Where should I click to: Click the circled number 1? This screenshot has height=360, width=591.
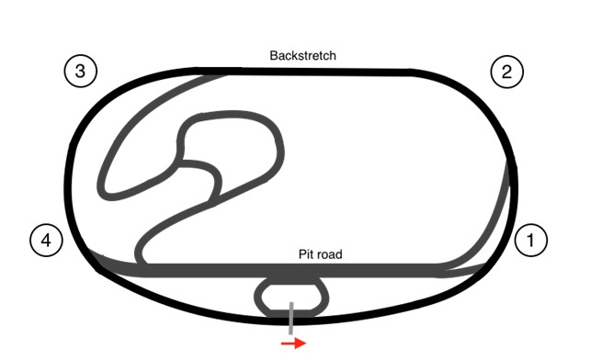(x=530, y=241)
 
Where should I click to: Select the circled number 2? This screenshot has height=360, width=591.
(x=506, y=72)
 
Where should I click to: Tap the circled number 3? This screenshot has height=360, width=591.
(x=81, y=72)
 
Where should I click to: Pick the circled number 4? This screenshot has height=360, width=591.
(x=46, y=241)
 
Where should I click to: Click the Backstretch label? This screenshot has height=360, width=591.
(x=302, y=55)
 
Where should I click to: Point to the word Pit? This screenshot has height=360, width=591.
(x=307, y=253)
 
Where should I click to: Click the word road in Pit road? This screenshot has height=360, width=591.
(x=329, y=253)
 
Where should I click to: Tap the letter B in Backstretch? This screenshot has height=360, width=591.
(x=274, y=55)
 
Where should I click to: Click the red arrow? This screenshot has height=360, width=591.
(x=293, y=343)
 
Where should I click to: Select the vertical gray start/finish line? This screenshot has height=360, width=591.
(x=291, y=317)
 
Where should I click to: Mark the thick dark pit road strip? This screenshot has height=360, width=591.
(x=276, y=270)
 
